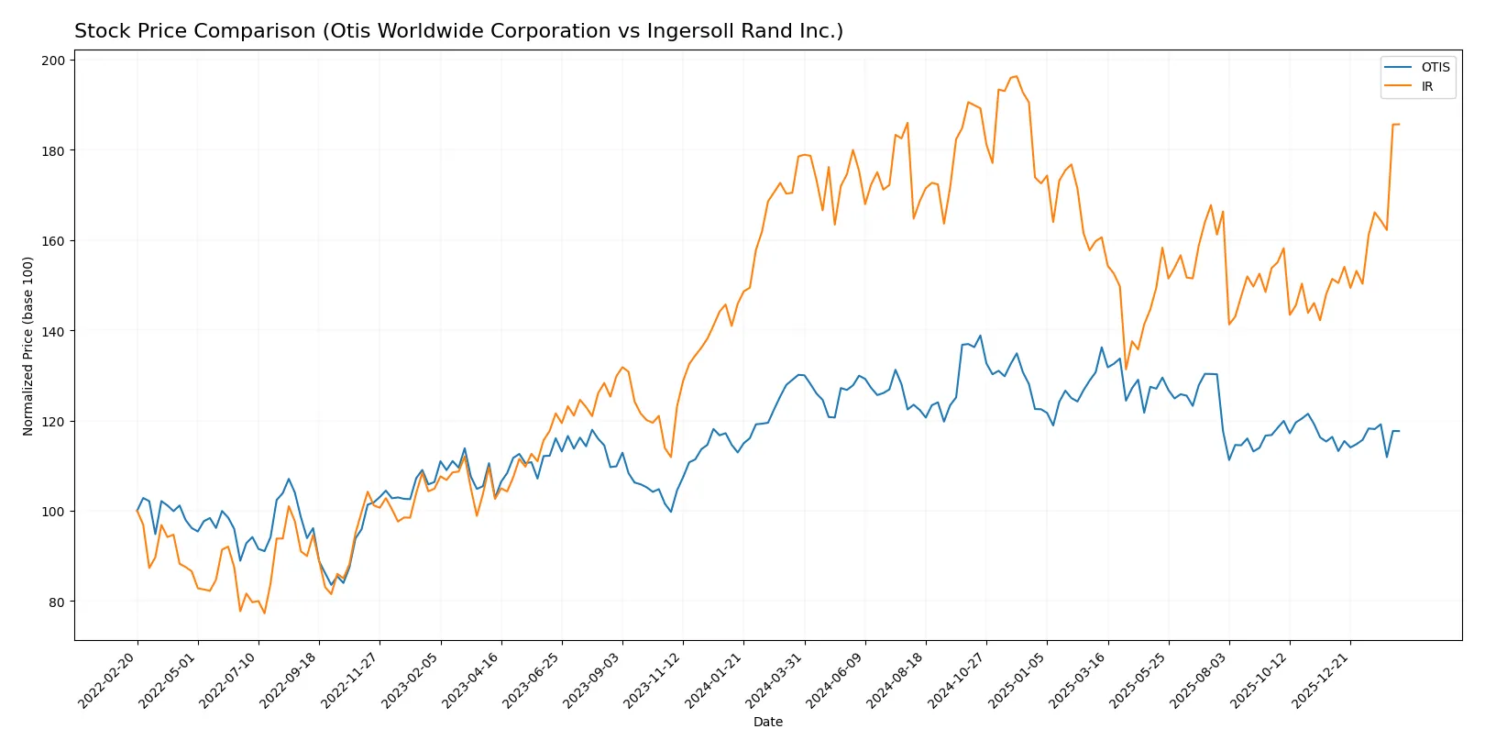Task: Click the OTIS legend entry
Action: (1435, 67)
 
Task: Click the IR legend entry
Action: (1426, 87)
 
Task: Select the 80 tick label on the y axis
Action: (57, 602)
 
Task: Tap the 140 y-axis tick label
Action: (53, 331)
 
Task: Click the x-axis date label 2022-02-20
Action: (108, 680)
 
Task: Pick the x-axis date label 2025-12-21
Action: (1321, 680)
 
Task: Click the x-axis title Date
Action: (767, 722)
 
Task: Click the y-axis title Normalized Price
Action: (28, 346)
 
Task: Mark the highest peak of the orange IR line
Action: (1016, 76)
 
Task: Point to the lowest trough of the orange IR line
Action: (264, 613)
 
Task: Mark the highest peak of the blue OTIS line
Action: (980, 336)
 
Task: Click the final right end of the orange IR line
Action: (1399, 125)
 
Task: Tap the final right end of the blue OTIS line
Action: (1399, 431)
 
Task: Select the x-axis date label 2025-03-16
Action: (1078, 680)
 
